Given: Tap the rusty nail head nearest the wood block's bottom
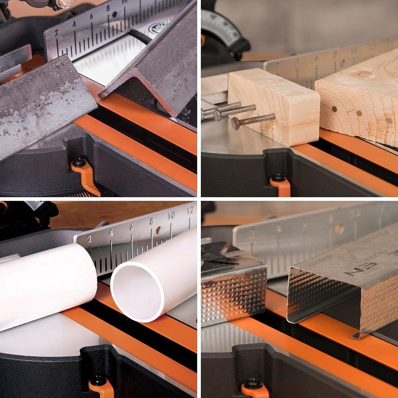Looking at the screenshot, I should (236, 124).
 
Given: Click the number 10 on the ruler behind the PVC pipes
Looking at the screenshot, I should (171, 216).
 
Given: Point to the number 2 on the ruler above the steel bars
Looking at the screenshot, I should (56, 33).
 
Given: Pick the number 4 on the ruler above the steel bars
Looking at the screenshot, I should (74, 24).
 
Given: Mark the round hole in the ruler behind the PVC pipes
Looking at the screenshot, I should (158, 230).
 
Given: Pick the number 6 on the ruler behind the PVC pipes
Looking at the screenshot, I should (131, 227).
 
